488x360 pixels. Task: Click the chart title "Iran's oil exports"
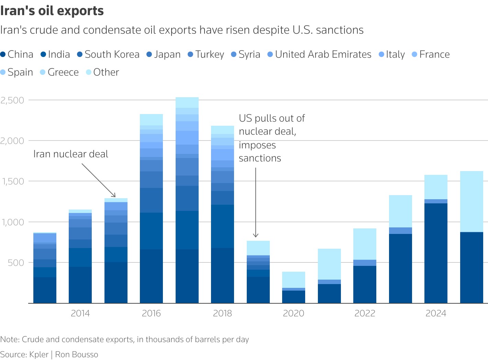(52, 11)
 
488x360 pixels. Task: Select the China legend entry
(17, 54)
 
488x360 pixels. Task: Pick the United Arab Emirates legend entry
(319, 54)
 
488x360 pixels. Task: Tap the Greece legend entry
(59, 72)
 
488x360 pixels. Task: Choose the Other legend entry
(102, 72)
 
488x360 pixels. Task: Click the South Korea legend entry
(108, 54)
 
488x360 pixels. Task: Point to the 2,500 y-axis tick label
(12, 100)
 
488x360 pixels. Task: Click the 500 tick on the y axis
(16, 262)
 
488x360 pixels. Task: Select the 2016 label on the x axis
(151, 313)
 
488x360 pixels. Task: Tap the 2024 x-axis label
(436, 313)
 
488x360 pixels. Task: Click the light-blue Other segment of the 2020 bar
(294, 280)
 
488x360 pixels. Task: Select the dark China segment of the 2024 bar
(436, 254)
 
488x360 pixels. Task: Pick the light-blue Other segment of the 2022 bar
(365, 244)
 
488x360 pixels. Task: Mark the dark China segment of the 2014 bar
(80, 285)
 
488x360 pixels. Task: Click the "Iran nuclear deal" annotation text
(71, 154)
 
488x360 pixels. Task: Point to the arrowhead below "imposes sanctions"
(256, 236)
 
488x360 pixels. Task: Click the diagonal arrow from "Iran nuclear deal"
(99, 180)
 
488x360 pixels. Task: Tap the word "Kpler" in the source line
(39, 355)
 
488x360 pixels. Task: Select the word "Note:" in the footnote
(10, 339)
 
